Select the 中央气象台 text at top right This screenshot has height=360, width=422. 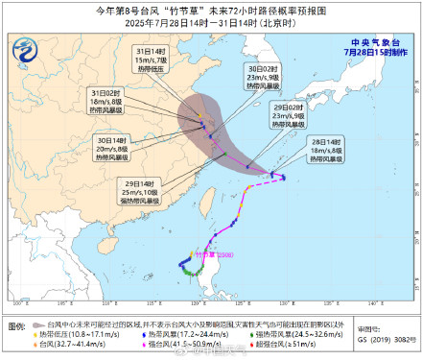(375, 42)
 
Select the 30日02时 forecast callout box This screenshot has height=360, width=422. (263, 105)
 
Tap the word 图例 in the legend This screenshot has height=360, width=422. (19, 337)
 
